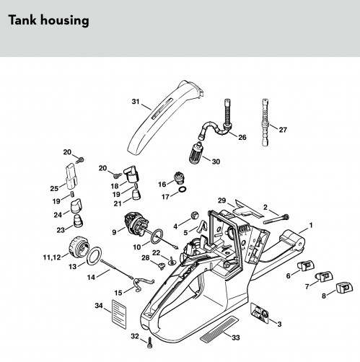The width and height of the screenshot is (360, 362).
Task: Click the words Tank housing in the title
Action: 49,20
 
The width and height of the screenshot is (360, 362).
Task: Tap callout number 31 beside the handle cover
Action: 136,102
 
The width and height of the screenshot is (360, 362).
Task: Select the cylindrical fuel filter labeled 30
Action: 195,152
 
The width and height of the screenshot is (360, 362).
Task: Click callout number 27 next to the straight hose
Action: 283,130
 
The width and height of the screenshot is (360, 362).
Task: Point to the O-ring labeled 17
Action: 183,189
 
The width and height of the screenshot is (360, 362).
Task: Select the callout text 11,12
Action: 52,257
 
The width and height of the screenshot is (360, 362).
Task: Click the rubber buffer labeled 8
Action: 344,288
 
